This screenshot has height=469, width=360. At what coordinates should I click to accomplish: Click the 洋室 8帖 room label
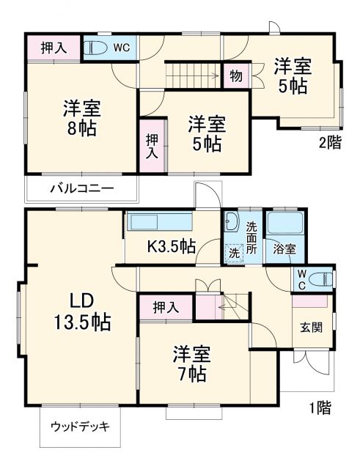81,117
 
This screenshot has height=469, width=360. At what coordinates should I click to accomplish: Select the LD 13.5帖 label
81,311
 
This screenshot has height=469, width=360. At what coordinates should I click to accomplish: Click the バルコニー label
81,189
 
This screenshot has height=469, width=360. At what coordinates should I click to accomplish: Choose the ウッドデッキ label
80,426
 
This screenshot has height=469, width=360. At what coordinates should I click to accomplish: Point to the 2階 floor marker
329,144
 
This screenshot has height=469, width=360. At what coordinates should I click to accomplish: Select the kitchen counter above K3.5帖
159,222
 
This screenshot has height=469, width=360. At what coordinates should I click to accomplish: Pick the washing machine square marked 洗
234,251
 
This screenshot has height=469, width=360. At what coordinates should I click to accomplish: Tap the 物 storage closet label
235,75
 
